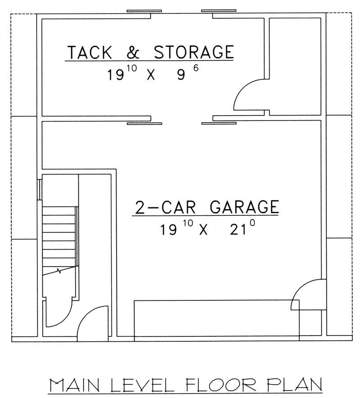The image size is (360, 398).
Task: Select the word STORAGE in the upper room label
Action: click(x=194, y=52)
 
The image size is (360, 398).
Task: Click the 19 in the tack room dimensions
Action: click(x=115, y=74)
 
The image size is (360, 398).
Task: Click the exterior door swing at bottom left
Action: click(x=92, y=322)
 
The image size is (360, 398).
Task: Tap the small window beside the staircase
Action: click(x=40, y=189)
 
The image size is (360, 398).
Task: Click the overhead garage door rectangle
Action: click(x=217, y=318)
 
